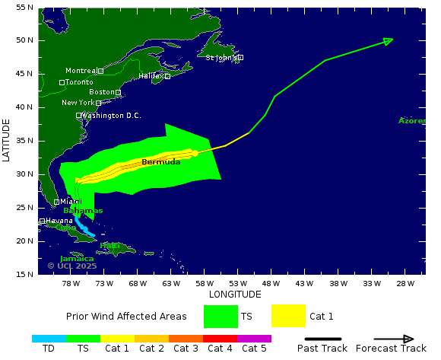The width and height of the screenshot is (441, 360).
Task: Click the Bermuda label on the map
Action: [x=161, y=162]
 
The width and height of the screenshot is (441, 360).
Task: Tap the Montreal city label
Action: [x=81, y=71]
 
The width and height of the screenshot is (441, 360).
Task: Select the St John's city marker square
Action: [x=240, y=57]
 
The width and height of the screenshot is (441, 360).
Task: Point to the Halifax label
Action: [x=151, y=76]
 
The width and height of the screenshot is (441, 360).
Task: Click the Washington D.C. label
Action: [x=112, y=116]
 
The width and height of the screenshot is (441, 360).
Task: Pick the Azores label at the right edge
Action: [x=411, y=121]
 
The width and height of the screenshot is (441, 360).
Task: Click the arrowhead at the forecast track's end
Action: [x=388, y=40]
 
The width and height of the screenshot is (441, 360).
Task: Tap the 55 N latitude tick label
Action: [x=24, y=7]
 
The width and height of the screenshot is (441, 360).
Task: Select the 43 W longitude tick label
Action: [x=304, y=284]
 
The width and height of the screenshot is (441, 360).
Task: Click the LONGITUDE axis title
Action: [x=235, y=295]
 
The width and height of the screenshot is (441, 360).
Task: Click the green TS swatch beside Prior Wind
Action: [x=220, y=316]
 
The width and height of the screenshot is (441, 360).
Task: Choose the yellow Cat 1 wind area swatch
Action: [x=288, y=316]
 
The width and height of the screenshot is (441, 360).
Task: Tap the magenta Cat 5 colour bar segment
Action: [x=254, y=338]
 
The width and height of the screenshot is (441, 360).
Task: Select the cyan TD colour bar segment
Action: [x=49, y=338]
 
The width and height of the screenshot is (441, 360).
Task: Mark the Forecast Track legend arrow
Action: [x=394, y=339]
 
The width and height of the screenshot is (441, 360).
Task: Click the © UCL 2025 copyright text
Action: [x=72, y=266]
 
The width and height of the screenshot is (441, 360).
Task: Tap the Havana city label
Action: [x=59, y=221]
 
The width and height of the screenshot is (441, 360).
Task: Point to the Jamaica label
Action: [x=77, y=259]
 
